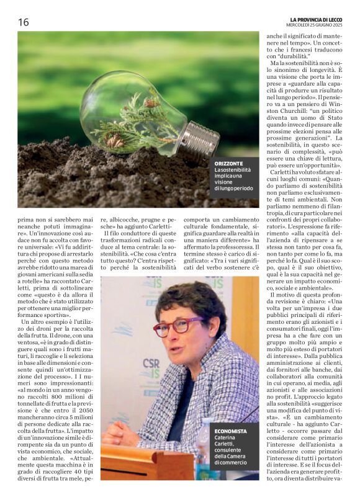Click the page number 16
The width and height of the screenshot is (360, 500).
(x=24, y=22)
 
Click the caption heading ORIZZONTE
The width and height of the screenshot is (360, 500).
(x=229, y=163)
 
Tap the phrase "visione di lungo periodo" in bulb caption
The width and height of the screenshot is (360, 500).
(x=234, y=184)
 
